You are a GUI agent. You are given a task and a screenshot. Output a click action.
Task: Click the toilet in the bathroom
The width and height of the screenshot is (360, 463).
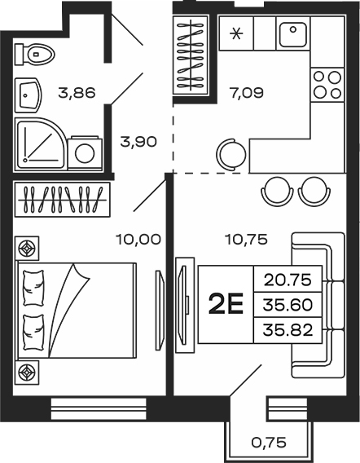point(35,55)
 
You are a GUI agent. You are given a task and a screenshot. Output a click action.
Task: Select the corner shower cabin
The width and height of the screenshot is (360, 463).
point(41,144)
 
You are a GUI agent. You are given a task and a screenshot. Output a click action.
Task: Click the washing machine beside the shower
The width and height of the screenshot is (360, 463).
point(85,153)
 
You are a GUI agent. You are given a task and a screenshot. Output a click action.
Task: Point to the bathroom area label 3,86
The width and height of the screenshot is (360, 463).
point(77,93)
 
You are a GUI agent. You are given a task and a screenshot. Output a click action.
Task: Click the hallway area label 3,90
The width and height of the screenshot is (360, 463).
point(138,142)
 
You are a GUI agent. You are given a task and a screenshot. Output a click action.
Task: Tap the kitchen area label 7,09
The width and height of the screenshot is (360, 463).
point(247,93)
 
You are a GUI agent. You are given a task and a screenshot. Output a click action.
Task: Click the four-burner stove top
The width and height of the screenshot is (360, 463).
point(327,85)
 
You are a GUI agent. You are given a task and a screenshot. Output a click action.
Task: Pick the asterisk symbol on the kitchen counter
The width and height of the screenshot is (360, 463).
point(236,33)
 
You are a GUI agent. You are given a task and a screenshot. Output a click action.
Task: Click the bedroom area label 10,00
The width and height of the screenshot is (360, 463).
point(138,239)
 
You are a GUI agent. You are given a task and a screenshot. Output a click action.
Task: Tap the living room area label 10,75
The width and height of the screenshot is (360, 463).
point(246,239)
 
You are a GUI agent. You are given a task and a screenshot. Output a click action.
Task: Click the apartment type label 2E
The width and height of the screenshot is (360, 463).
point(226,304)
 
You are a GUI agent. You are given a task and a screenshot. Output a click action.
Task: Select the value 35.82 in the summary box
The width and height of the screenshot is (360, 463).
point(288,330)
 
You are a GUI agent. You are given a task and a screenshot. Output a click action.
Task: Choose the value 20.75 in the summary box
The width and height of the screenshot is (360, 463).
point(288,280)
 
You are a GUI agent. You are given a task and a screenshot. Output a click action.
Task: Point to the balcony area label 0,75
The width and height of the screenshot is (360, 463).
point(269,443)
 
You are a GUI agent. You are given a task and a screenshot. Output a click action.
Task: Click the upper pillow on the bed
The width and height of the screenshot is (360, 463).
point(34,288)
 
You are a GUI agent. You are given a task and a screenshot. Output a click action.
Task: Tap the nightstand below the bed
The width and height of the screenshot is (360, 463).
point(27,373)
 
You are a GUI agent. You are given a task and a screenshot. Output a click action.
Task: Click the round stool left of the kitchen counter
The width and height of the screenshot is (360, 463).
point(232,154)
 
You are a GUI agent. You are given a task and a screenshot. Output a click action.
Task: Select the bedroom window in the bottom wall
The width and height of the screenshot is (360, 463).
point(99,409)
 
